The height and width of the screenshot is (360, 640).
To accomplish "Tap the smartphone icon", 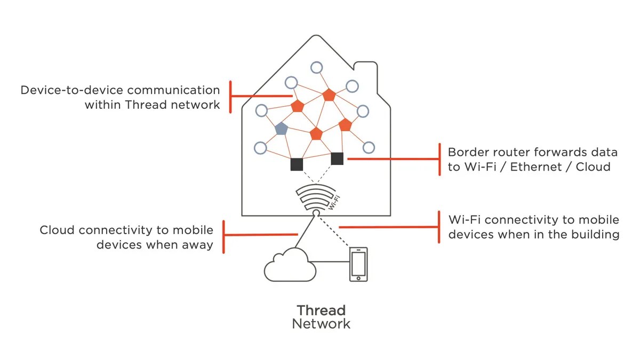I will coord(358,263).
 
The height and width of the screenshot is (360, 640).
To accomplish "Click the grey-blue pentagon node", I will coord(281,129).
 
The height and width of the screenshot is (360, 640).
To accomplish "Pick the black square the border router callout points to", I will coord(337,158).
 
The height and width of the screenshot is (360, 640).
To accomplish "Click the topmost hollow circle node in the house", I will coord(316,68).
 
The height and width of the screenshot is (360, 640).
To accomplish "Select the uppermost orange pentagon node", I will coord(329,95).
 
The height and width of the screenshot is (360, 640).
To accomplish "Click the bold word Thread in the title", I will coord(321,310).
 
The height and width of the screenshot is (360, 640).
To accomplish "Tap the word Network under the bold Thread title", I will coord(321,324).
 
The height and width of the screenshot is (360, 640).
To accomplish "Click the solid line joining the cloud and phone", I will coord(330,261).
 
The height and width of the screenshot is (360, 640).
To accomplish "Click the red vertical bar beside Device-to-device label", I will coord(230,97).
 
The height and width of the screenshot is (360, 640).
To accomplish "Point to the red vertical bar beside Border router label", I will coord(439,159).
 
